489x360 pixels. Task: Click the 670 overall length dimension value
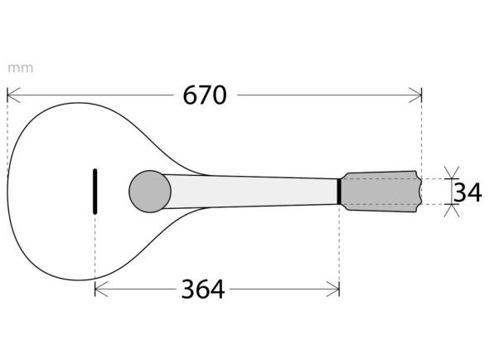pyautogui.click(x=204, y=95)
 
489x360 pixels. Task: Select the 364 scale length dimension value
pyautogui.click(x=202, y=289)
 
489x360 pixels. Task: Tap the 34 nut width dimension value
pyautogui.click(x=467, y=192)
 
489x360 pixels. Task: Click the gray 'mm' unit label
pyautogui.click(x=20, y=68)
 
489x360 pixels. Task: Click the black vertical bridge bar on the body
pyautogui.click(x=95, y=191)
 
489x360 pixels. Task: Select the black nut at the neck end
pyautogui.click(x=339, y=191)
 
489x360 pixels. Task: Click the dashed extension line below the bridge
pyautogui.click(x=95, y=249)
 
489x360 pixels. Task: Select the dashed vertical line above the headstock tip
pyautogui.click(x=422, y=137)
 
